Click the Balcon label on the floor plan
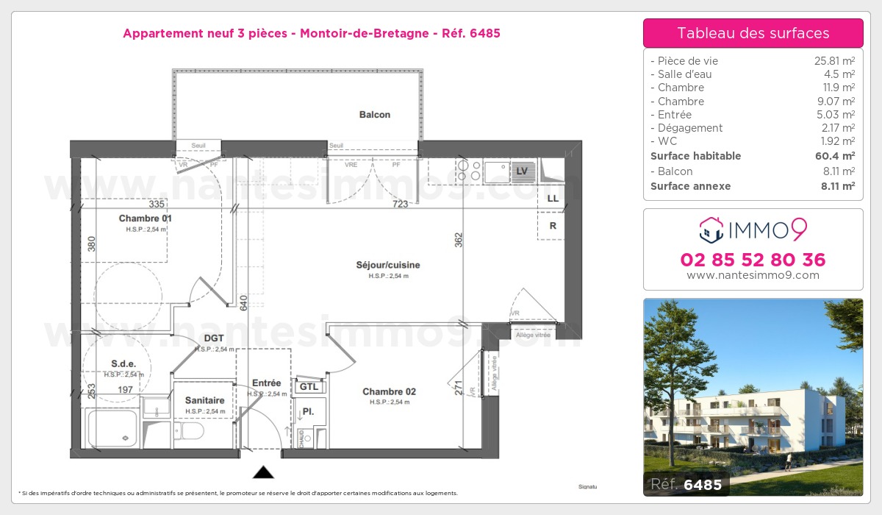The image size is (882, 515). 375,115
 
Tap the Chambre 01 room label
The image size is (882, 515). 145,219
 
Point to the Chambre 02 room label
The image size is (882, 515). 389,392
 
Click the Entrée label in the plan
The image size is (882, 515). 266,383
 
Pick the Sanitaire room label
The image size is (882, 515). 204,400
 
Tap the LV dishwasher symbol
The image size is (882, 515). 523,171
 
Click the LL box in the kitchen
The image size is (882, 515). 552,199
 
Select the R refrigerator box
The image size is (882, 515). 552,227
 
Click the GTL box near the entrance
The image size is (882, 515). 309,387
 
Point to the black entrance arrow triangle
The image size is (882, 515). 263,472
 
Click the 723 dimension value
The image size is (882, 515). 400,204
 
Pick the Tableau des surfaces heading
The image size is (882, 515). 753,33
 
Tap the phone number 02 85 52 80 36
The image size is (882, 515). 753,260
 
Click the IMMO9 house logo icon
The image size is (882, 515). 711,230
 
